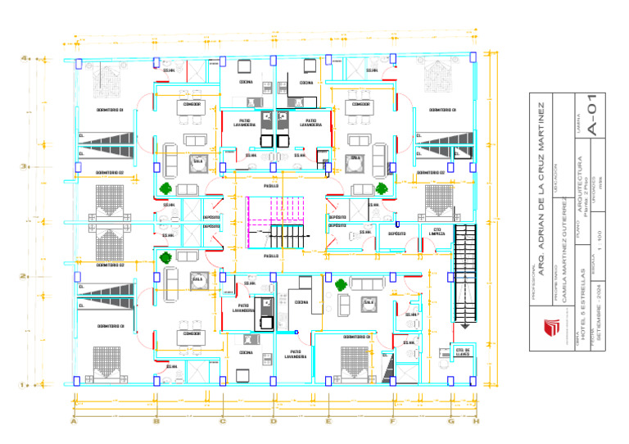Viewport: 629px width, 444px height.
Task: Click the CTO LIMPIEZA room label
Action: tap(437, 232)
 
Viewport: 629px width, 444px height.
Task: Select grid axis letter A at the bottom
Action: tap(74, 422)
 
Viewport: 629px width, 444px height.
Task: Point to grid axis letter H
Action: tap(476, 422)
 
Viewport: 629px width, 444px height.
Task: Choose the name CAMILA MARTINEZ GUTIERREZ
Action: tap(563, 255)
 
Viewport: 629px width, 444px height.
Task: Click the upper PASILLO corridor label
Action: tap(271, 186)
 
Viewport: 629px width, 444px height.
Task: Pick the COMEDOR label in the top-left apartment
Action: tap(192, 104)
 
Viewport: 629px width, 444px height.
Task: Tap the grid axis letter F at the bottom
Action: tap(392, 422)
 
